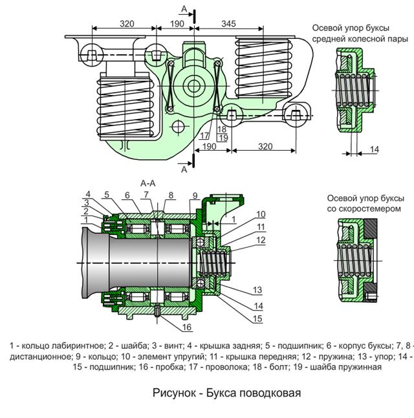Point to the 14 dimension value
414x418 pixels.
[x=374, y=150]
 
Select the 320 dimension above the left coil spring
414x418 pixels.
[x=127, y=23]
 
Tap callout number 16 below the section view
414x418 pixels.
[x=186, y=327]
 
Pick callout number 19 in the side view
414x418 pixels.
[x=223, y=138]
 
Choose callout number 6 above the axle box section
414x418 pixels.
[x=127, y=195]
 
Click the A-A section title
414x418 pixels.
[x=148, y=183]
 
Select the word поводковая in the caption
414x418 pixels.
[x=271, y=393]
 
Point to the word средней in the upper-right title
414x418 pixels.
[x=328, y=39]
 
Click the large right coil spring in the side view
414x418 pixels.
[x=263, y=67]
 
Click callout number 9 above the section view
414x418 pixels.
[x=194, y=195]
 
